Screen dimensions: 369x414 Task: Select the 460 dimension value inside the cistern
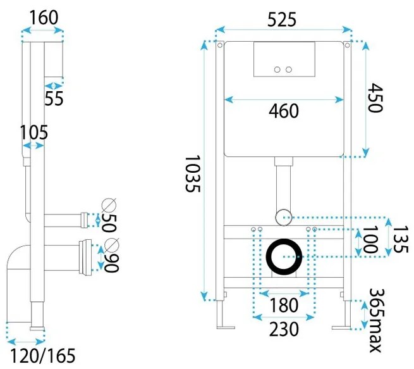(284, 111)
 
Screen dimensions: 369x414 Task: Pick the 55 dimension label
(54, 98)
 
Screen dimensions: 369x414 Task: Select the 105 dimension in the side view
(33, 132)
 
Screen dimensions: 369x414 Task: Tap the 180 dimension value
(283, 305)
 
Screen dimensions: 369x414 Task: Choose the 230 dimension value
(283, 329)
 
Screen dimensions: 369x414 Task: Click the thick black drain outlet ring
(284, 257)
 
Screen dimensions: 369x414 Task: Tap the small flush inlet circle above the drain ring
(284, 216)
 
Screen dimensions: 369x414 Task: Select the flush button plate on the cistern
(283, 59)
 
